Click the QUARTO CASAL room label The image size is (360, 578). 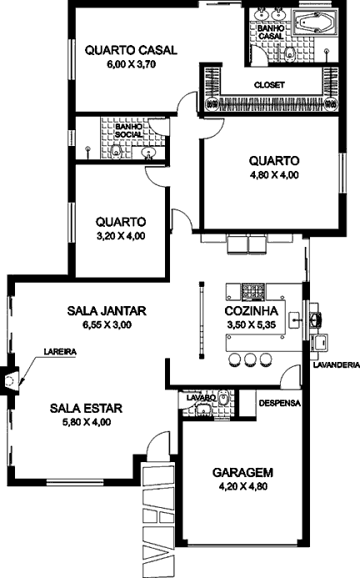coord(131,50)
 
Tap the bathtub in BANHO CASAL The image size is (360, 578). coord(315,23)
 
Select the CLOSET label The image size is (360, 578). coord(269,85)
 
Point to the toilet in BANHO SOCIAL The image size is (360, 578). coord(117,151)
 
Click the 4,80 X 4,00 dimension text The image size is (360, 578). coord(274,175)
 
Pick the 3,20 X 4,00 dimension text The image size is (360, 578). coord(121,236)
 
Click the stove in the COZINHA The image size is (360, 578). coord(252,290)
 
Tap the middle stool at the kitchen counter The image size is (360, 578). coord(250,359)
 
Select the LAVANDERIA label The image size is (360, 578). coord(337,365)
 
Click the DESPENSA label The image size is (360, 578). coord(280,403)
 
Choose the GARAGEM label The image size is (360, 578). coord(242,472)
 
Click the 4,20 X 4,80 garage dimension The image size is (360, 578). coord(243,486)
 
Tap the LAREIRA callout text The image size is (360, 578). coord(60,352)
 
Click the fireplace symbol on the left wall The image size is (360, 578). coord(9,381)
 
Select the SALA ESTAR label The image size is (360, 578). coord(86,409)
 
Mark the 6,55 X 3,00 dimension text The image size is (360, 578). coord(107,324)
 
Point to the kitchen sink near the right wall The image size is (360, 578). coord(294,319)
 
